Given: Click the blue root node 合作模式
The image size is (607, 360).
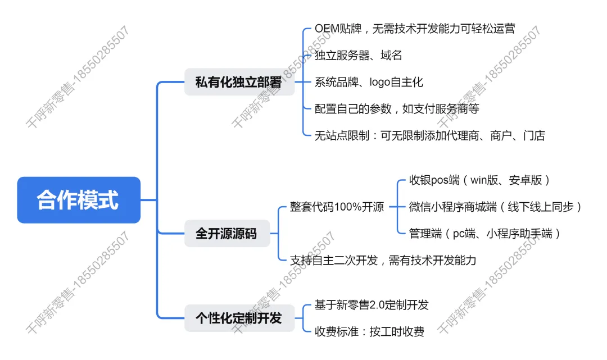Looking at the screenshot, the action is tap(79, 200).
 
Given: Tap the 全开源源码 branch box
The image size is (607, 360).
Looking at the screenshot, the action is tap(227, 233).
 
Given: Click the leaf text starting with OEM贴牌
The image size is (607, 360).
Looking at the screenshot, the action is tap(415, 29).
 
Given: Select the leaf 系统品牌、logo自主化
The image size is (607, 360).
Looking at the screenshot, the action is tap(369, 82).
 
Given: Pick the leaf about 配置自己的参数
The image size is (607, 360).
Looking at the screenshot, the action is tap(397, 108).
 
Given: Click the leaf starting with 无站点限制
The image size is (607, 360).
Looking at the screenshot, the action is tap(429, 135).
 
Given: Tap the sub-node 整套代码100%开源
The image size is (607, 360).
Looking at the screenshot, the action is tap(337, 207).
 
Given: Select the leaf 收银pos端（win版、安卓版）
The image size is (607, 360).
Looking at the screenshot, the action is tap(479, 180).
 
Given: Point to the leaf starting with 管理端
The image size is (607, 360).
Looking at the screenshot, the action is tap(485, 234).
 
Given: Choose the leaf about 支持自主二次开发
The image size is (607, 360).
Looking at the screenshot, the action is tap(383, 260).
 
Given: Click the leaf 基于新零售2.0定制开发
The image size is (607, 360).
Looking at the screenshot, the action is tap(372, 305).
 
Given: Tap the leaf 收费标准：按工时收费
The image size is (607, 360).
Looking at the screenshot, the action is tap(369, 331).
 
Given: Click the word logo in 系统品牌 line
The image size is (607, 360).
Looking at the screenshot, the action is tap(382, 82).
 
